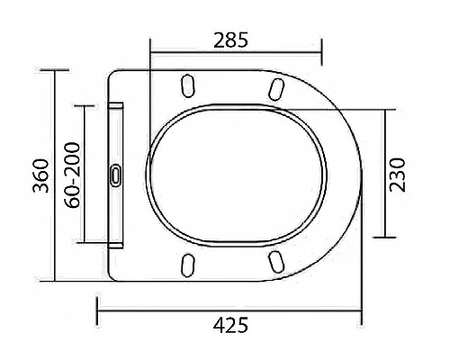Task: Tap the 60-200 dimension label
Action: tap(72, 174)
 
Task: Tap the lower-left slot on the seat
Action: tap(189, 263)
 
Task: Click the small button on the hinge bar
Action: tap(115, 175)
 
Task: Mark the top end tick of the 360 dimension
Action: tap(55, 69)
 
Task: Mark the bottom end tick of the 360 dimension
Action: tap(55, 281)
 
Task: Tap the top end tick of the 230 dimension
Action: tap(386, 109)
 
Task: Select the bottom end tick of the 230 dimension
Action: tap(386, 238)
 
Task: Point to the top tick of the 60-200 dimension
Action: tap(85, 104)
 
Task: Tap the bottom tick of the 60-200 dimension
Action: tap(85, 243)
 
